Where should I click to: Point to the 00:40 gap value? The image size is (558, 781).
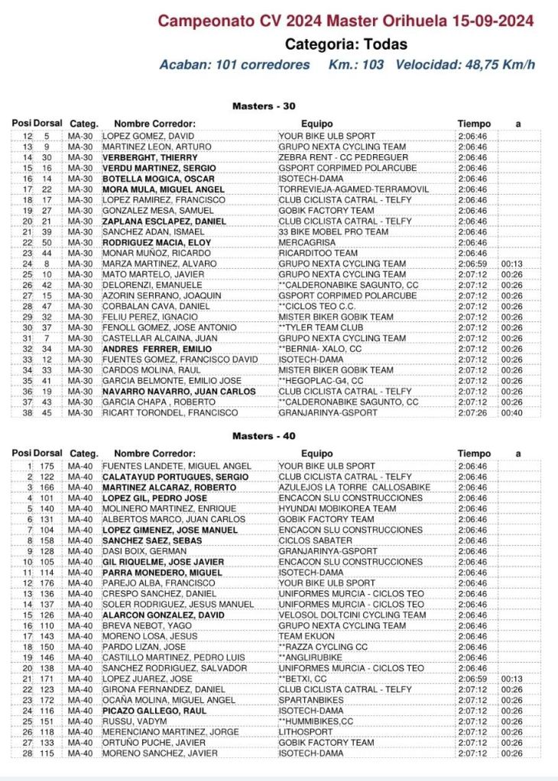[x=511, y=413]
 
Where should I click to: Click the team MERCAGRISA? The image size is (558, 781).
[x=307, y=243]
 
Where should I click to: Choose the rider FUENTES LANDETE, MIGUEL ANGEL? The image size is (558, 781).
[x=177, y=466]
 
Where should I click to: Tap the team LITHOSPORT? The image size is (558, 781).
[x=303, y=732]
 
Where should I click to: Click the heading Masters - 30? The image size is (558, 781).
[x=263, y=107]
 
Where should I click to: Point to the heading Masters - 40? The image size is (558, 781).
[x=263, y=437]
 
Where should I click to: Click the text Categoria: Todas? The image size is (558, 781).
[x=346, y=44]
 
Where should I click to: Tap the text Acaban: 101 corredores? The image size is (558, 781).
[x=235, y=65]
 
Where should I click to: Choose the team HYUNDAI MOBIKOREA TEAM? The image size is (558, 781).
[x=337, y=508]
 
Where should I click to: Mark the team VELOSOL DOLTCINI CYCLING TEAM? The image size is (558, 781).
[x=352, y=615]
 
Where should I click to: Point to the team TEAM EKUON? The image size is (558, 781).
[x=307, y=636]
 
